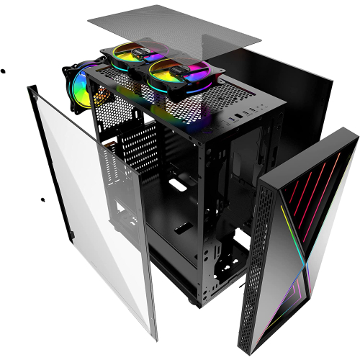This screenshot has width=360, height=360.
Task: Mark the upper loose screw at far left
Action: pyautogui.click(x=3, y=71)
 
